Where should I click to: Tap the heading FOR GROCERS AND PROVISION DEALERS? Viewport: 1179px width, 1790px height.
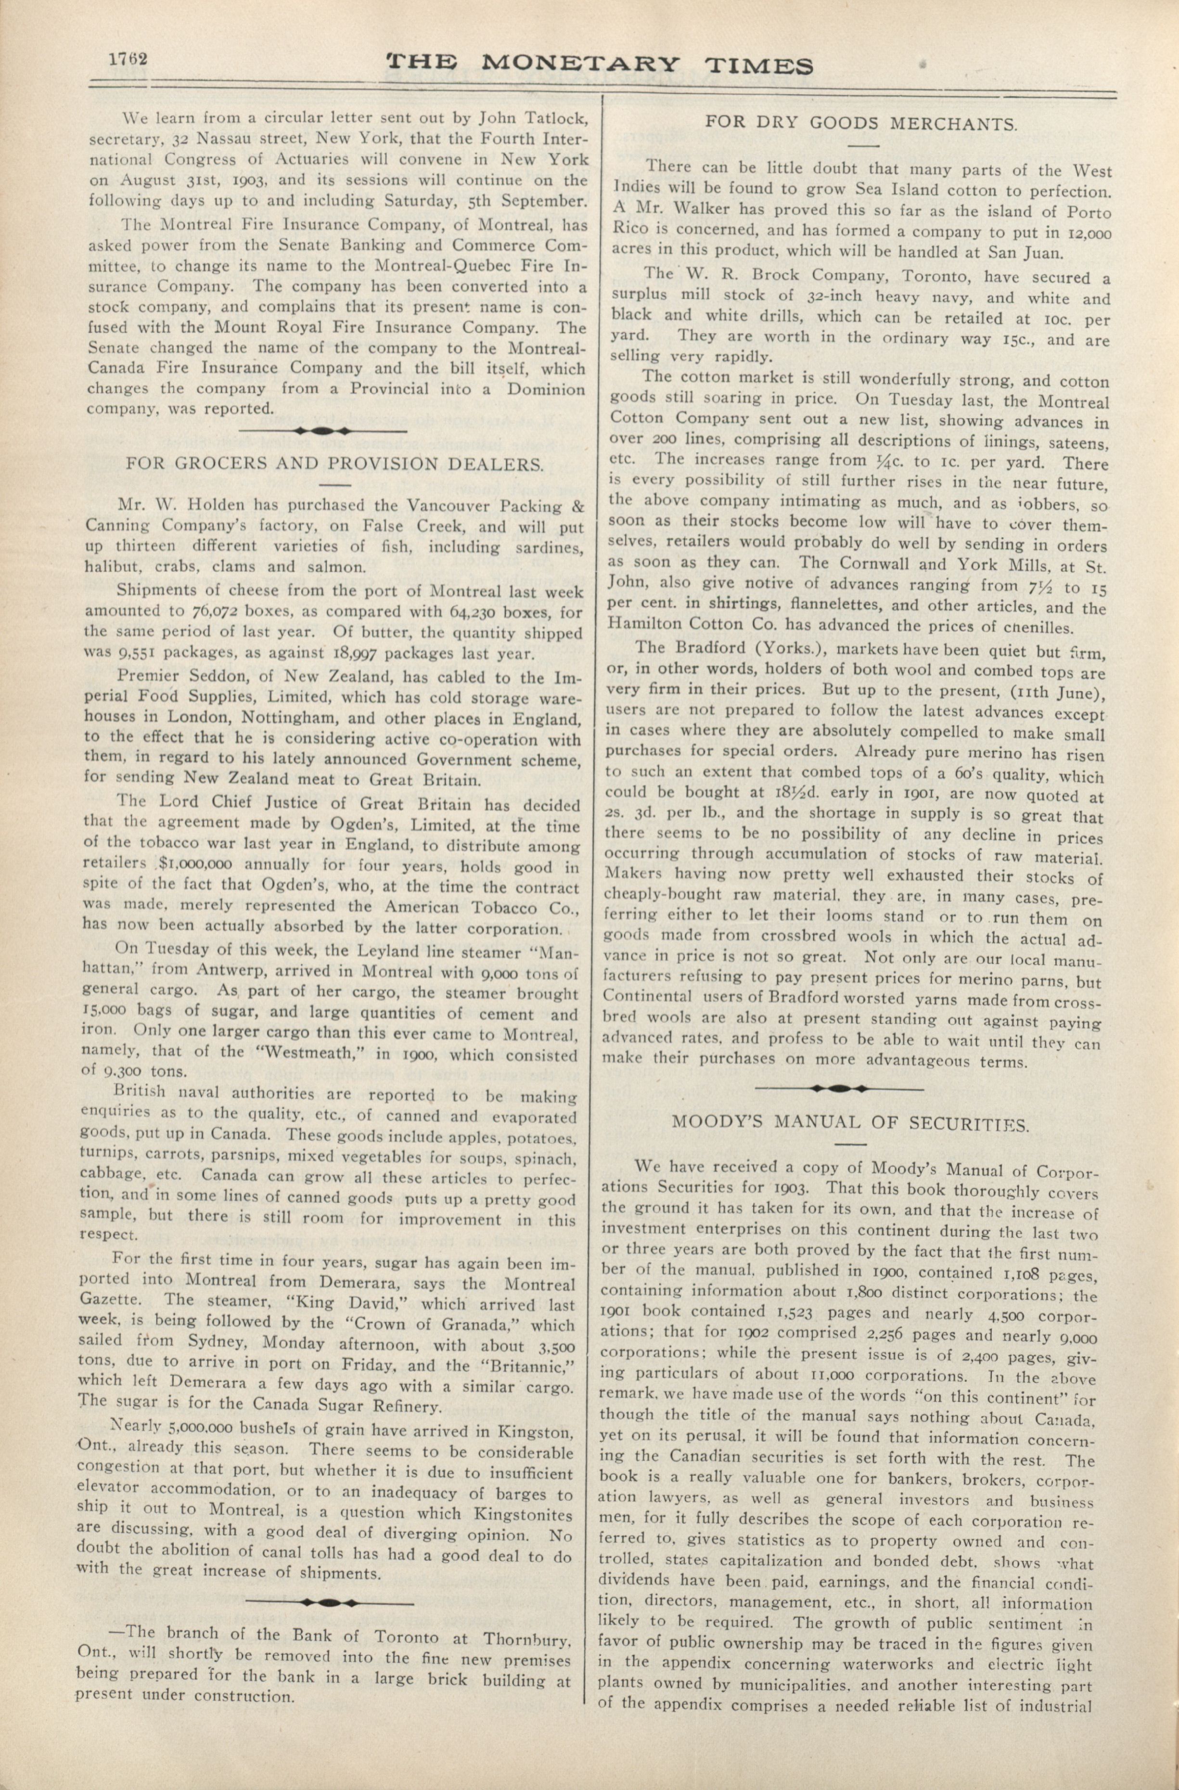coord(334,464)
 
